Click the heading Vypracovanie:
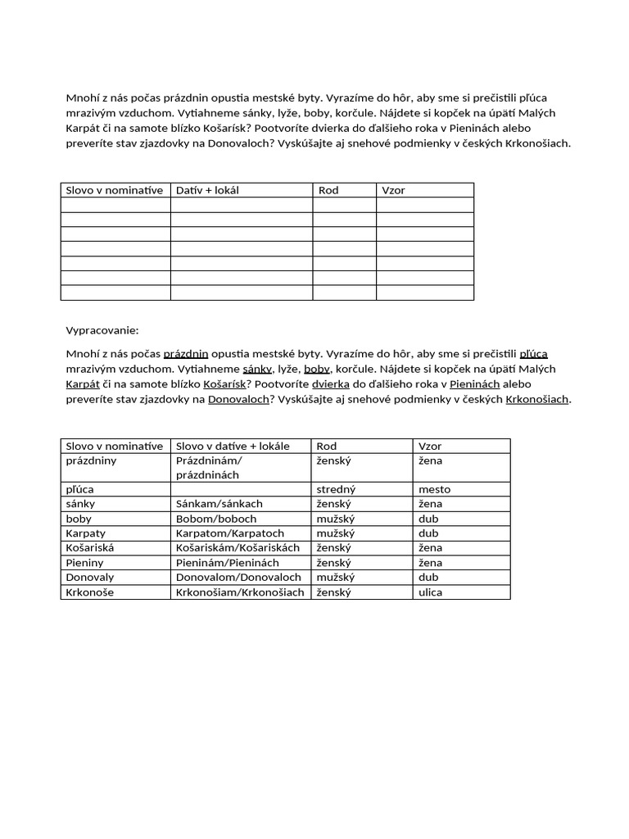click(102, 330)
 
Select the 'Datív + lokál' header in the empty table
click(207, 190)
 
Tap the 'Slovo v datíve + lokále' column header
click(233, 446)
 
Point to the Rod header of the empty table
click(328, 190)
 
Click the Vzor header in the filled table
click(430, 446)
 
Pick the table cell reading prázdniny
click(91, 460)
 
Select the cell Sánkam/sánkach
click(219, 504)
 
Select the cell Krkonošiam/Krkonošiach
click(240, 592)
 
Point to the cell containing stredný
click(336, 489)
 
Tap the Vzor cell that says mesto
click(434, 489)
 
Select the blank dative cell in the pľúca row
click(240, 489)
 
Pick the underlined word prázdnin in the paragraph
click(186, 354)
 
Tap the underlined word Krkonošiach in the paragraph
click(537, 399)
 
